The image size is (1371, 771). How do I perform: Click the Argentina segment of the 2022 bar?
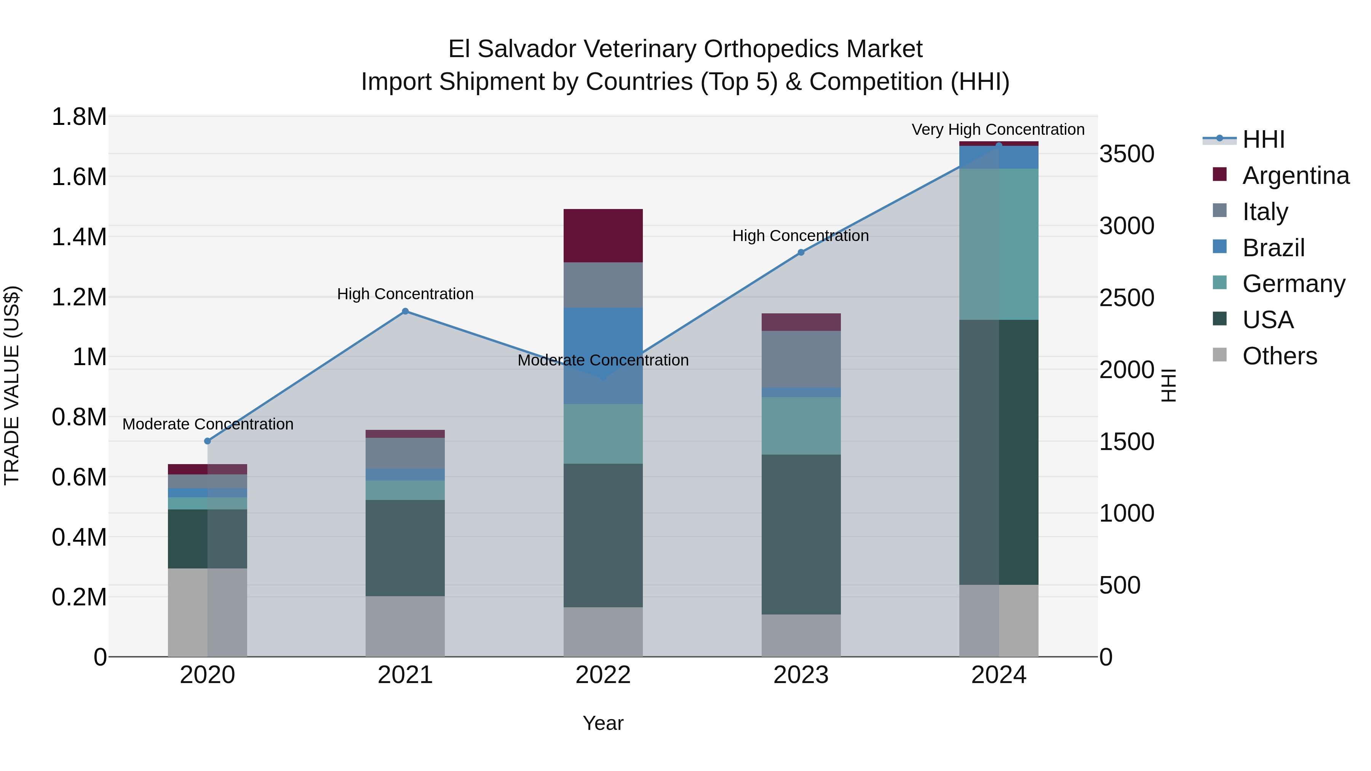click(x=603, y=235)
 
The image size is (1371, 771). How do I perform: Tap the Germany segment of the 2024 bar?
click(x=999, y=244)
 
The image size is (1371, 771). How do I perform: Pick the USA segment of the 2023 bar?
click(x=801, y=534)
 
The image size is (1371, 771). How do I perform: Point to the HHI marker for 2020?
click(x=208, y=441)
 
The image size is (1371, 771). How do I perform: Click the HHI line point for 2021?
click(x=405, y=311)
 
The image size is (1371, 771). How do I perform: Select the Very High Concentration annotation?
click(x=998, y=129)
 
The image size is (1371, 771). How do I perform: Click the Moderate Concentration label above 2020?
click(x=208, y=424)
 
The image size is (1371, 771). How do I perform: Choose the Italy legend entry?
click(x=1265, y=211)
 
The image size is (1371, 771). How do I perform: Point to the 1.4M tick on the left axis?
click(x=79, y=237)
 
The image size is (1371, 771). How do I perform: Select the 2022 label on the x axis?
click(x=603, y=675)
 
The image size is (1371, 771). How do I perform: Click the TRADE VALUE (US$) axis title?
click(x=12, y=385)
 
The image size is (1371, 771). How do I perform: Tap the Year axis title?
click(x=603, y=723)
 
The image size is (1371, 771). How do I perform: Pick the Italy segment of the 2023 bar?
click(x=801, y=359)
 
